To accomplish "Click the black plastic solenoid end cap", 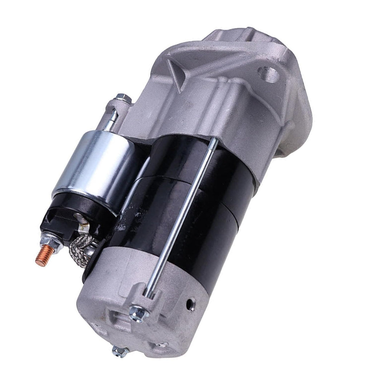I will coord(69,218).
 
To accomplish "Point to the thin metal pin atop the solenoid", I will coord(113,118).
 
